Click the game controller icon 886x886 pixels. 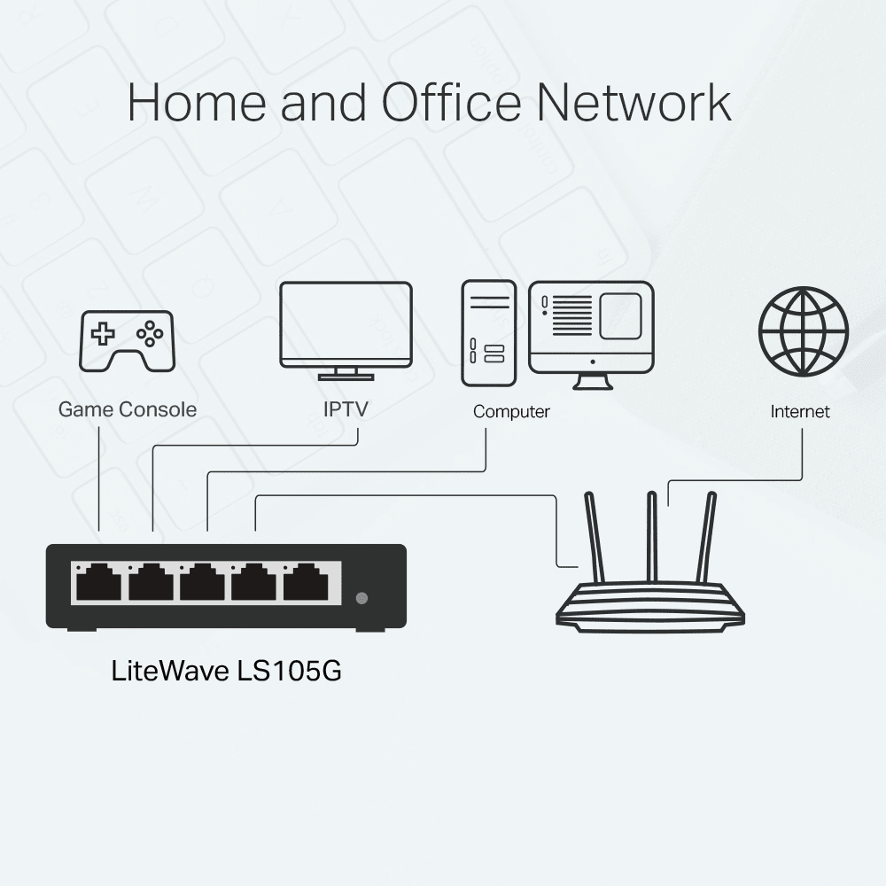pyautogui.click(x=128, y=340)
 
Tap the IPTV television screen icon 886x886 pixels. pyautogui.click(x=346, y=324)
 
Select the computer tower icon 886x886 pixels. pyautogui.click(x=487, y=333)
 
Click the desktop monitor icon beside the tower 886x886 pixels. pyautogui.click(x=591, y=328)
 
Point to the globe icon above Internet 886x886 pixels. pyautogui.click(x=804, y=331)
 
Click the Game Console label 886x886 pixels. pyautogui.click(x=128, y=409)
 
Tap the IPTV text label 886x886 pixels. pyautogui.click(x=346, y=409)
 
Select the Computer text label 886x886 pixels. pyautogui.click(x=511, y=411)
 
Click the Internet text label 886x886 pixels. pyautogui.click(x=800, y=411)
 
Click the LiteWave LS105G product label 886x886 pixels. pyautogui.click(x=227, y=671)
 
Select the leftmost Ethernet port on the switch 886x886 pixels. pyautogui.click(x=98, y=583)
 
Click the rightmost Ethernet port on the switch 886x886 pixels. pyautogui.click(x=306, y=583)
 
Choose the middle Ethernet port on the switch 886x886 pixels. pyautogui.click(x=202, y=583)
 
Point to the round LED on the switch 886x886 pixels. pyautogui.click(x=361, y=597)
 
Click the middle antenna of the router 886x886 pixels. pyautogui.click(x=652, y=536)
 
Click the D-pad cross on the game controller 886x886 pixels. pyautogui.click(x=105, y=334)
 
